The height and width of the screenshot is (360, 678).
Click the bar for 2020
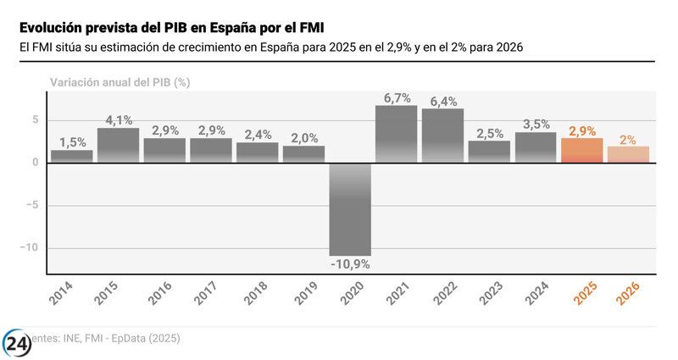[350, 208]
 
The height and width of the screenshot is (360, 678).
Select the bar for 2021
[396, 134]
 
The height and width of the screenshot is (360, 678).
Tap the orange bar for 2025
[581, 150]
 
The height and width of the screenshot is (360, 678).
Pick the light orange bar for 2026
[628, 154]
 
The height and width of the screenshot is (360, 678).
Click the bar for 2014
[72, 156]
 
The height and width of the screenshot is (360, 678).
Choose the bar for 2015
[119, 145]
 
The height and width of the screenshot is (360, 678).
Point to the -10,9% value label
[350, 263]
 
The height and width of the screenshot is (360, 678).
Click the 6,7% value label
[397, 98]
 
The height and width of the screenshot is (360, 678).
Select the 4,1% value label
[119, 120]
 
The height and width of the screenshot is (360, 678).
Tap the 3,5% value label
[536, 125]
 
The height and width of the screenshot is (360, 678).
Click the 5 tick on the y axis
[36, 119]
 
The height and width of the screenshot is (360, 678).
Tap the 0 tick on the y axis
[36, 163]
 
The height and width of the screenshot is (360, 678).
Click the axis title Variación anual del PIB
[119, 82]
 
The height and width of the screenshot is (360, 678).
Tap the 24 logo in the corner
[16, 344]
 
